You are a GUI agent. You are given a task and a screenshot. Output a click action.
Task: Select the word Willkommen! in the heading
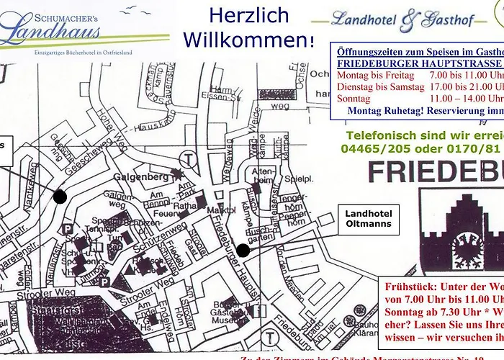pyautogui.click(x=249, y=39)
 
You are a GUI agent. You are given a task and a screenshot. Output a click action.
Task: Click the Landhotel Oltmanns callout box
pyautogui.click(x=368, y=218)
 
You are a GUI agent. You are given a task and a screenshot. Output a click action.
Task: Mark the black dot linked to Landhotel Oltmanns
pyautogui.click(x=243, y=250)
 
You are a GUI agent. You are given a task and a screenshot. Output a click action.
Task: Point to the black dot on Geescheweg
pyautogui.click(x=60, y=196)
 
